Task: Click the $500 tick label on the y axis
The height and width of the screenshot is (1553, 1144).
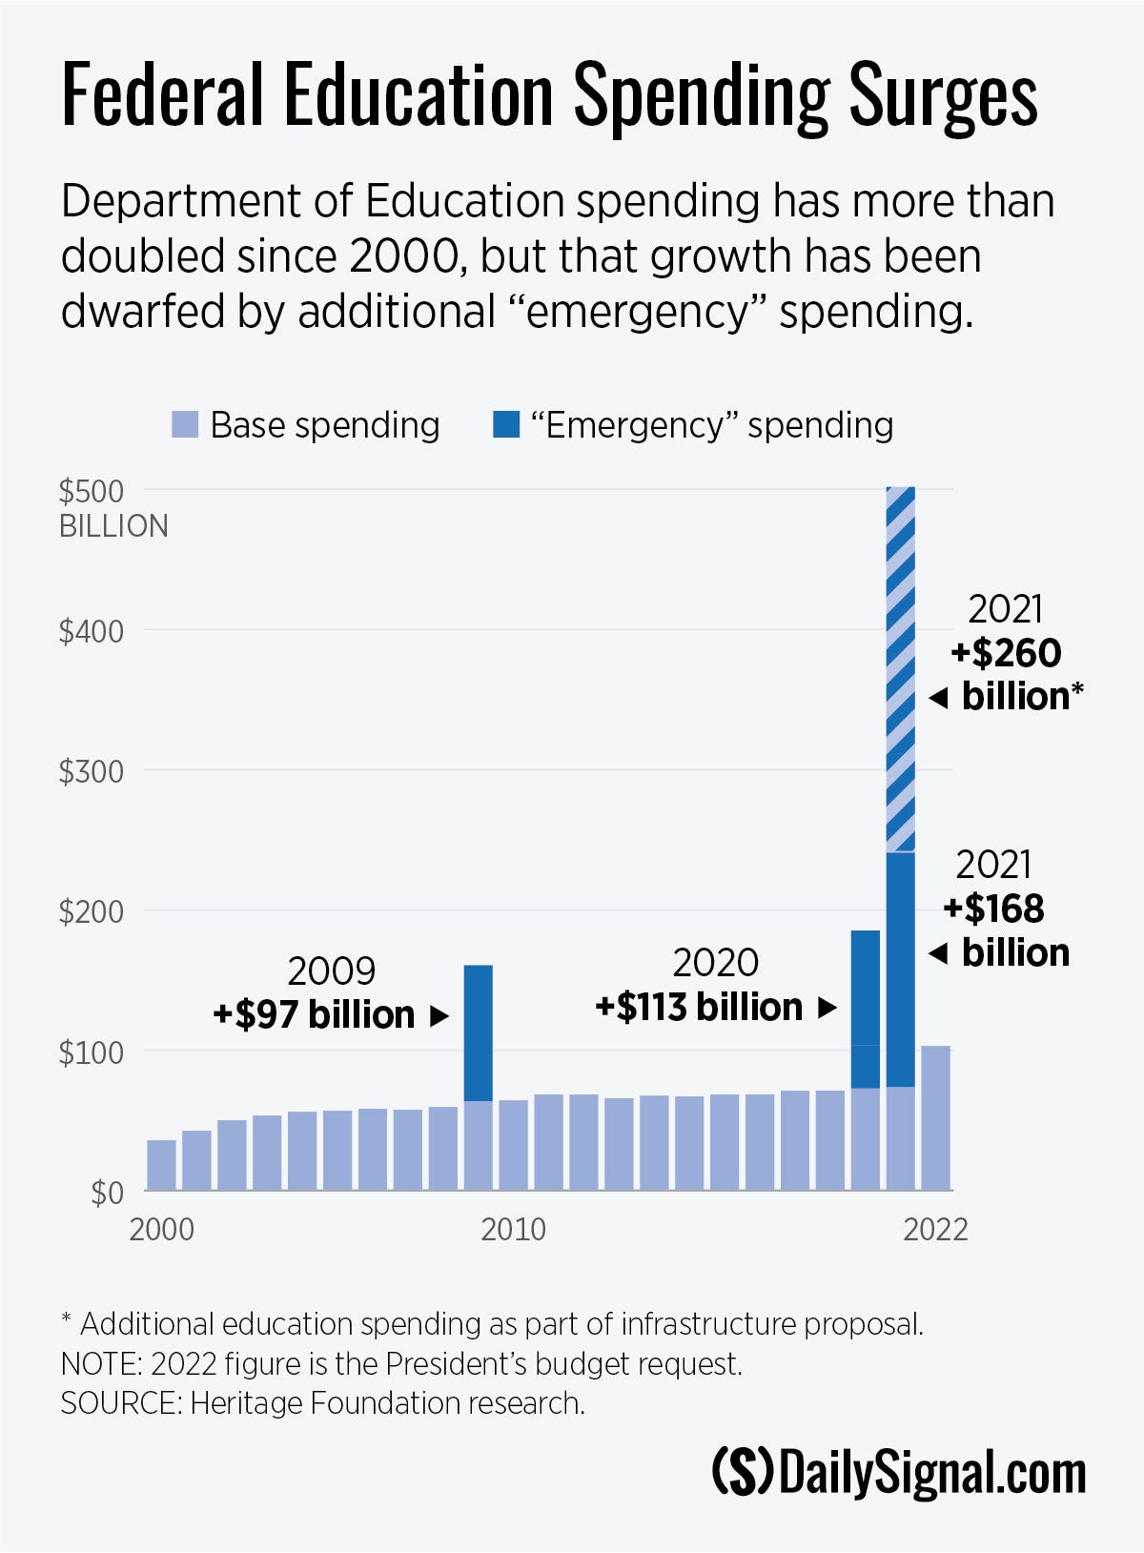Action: point(92,492)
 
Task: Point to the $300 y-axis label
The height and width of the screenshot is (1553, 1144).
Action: point(92,771)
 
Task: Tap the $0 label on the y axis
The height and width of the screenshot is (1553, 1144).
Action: point(107,1193)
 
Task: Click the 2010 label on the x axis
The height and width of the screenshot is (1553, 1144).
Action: point(513,1230)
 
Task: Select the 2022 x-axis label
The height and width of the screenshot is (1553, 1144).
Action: point(935,1230)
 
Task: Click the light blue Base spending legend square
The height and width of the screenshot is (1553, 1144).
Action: point(185,425)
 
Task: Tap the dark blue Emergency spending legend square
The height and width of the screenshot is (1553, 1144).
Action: point(506,425)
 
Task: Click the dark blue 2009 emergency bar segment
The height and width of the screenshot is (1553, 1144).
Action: point(478,1032)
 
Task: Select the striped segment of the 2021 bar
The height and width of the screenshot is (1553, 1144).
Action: point(900,667)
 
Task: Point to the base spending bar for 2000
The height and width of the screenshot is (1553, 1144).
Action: point(161,1165)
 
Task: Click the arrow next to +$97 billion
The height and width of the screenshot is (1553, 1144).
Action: point(439,1016)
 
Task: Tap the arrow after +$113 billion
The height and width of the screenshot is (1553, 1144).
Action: point(827,1008)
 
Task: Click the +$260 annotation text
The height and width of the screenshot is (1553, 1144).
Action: point(1006,654)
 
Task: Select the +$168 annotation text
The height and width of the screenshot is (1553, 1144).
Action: point(993,909)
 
